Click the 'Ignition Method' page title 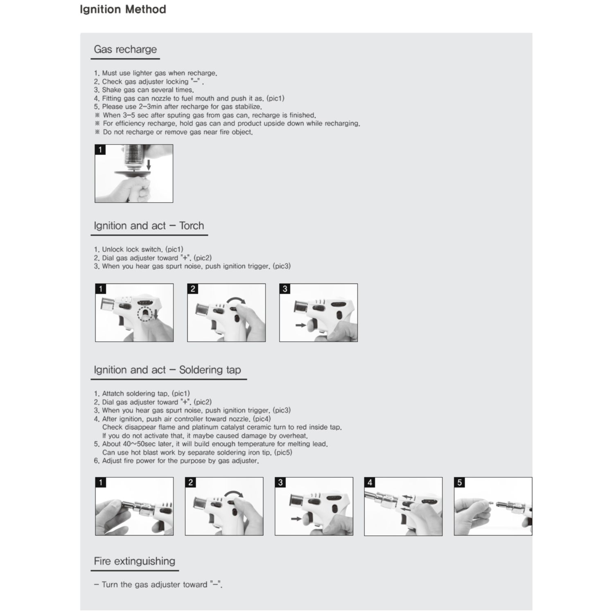(123, 9)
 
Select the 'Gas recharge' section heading (125, 50)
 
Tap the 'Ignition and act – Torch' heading (149, 226)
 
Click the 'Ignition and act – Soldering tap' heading (167, 370)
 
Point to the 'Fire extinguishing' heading (134, 561)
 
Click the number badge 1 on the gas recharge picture (100, 150)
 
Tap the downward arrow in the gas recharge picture (149, 165)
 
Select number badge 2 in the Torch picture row (193, 289)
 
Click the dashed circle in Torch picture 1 (144, 314)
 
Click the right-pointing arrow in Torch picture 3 (300, 325)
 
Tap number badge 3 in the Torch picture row (285, 289)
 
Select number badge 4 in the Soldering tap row (370, 483)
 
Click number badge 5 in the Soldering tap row (459, 483)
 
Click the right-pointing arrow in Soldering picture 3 (296, 519)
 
